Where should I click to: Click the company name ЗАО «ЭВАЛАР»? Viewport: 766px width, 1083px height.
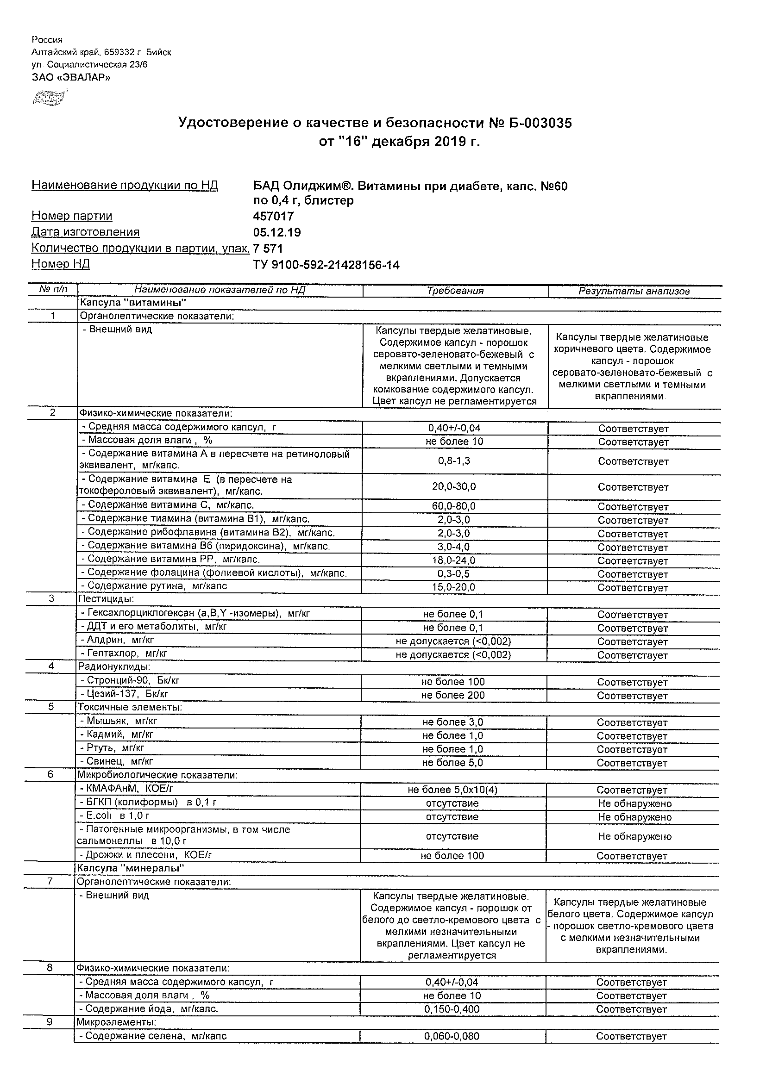[71, 77]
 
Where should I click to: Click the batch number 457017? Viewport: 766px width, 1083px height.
[273, 217]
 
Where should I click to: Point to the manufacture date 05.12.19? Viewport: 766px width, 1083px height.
[277, 232]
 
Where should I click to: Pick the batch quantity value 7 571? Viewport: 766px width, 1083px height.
[268, 249]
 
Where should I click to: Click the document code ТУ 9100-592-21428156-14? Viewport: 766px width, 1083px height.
[326, 265]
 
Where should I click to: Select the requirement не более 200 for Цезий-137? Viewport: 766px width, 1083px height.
[453, 695]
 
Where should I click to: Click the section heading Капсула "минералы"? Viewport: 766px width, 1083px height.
[131, 868]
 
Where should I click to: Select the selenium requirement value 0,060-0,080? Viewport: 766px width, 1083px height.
[452, 1036]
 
